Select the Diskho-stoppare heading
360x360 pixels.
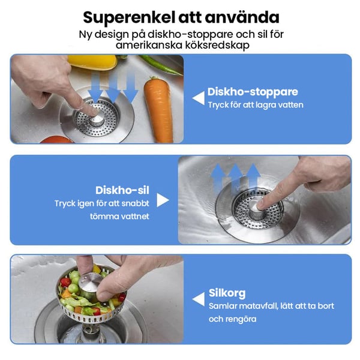pos(253,92)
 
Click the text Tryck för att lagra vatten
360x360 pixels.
pos(256,105)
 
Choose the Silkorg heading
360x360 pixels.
pos(227,293)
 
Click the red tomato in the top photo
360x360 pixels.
pos(56,140)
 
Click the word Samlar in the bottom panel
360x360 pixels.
pos(223,306)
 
